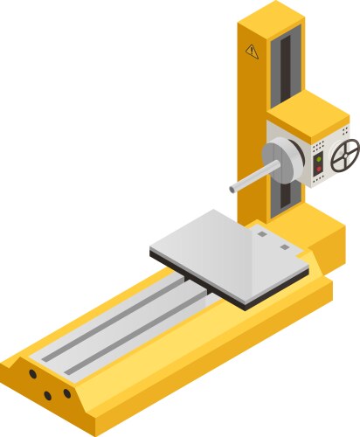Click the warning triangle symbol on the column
[253, 51]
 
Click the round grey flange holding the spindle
[281, 162]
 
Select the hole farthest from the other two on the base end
[32, 373]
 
